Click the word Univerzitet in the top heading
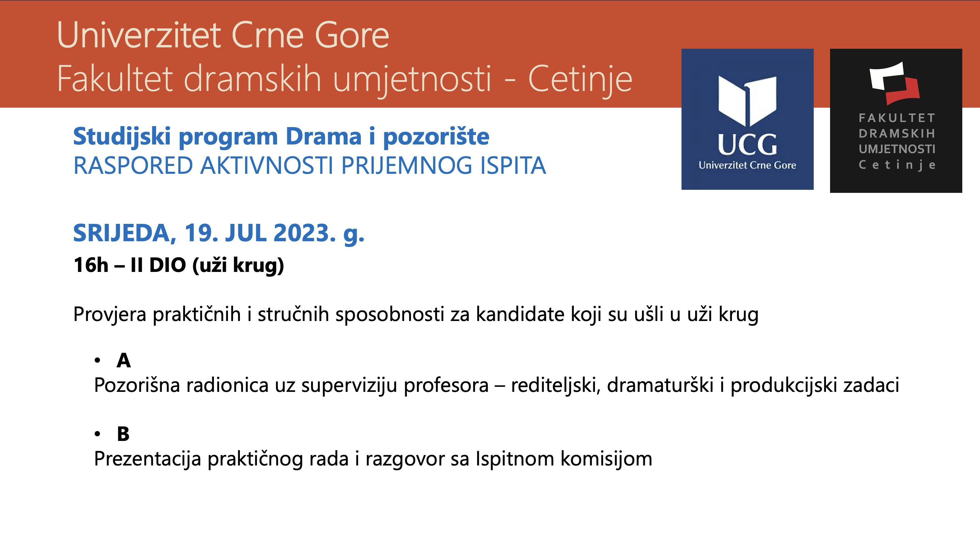(139, 35)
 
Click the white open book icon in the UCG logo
(747, 101)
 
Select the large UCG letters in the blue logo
(747, 144)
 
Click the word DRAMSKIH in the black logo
(897, 134)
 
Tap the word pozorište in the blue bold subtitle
(436, 137)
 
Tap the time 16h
(91, 265)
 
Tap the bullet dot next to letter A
(97, 360)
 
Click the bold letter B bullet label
(123, 434)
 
